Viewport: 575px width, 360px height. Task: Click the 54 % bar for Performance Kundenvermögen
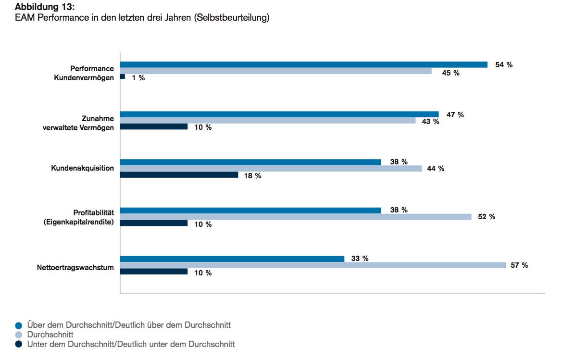pos(303,64)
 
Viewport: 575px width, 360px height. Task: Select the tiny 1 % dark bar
pos(123,76)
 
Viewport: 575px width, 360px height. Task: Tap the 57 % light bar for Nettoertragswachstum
pos(312,265)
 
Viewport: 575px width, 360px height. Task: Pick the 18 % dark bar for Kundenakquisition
pos(179,175)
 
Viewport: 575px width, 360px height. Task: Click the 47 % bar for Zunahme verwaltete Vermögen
pos(279,114)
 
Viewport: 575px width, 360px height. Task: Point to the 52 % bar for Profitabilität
pos(295,217)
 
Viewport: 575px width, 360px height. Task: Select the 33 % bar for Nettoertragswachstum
pos(232,259)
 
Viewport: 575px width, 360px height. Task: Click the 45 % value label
pos(451,73)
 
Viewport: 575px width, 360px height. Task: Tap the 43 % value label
pos(430,122)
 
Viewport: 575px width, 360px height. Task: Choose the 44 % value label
pos(436,169)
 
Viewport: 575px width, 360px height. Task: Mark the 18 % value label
pos(252,176)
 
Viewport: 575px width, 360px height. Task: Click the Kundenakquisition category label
pos(82,168)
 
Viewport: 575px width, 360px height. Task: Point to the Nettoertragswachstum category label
pos(75,268)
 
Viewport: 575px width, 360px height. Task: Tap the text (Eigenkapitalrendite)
pos(78,222)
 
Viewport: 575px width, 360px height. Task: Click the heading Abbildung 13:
pos(45,8)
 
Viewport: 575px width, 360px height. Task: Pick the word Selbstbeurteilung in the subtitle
pos(232,18)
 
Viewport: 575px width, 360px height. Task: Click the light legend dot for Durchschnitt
pos(19,335)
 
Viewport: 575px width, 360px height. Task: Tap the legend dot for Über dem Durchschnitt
pos(19,325)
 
